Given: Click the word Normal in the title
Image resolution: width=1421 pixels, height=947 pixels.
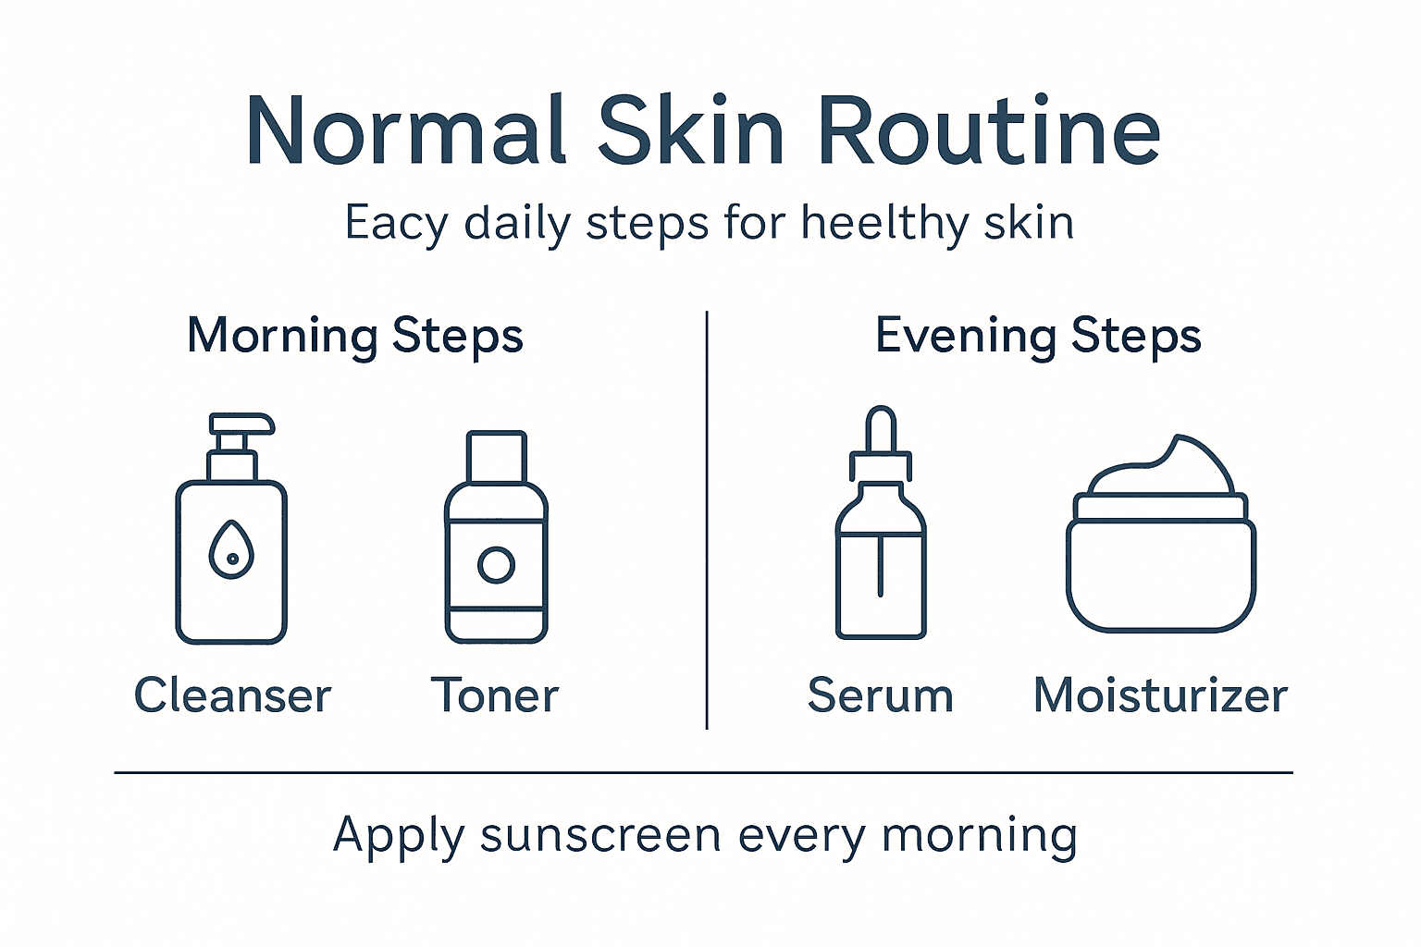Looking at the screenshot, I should coord(405,131).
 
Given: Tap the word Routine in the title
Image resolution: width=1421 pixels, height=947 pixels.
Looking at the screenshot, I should coord(987,131).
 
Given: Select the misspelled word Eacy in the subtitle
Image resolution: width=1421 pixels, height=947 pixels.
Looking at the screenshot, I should coord(396,224).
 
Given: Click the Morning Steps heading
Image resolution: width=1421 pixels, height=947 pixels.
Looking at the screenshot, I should coord(355,336).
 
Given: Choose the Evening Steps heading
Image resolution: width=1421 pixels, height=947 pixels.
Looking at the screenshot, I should coord(1038,336).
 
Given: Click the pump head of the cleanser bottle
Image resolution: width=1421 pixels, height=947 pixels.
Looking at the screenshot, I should coord(241,424).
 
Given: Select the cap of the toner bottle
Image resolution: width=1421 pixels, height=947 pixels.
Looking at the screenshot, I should coord(497,456).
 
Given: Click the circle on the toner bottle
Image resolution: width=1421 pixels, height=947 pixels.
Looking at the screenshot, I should coord(497,564).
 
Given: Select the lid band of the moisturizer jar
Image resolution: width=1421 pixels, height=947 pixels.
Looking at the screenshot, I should coord(1160,508).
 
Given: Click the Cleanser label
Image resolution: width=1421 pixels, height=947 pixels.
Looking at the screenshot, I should coord(232,695).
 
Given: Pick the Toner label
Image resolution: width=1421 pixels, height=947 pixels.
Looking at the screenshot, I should coord(495,695).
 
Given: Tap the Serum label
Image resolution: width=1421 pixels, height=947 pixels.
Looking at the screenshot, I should coord(880,695).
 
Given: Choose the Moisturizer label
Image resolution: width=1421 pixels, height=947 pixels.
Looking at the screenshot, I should coord(1160,695).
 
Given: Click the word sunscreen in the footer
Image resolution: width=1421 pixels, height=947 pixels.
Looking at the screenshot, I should coord(600,836).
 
